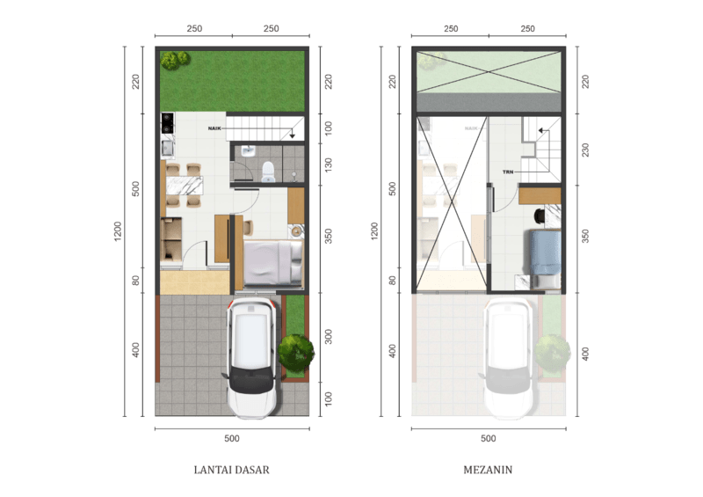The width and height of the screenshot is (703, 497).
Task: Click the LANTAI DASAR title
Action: [231, 470]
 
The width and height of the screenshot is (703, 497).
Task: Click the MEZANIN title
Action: [488, 470]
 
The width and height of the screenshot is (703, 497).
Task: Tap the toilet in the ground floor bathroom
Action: [268, 172]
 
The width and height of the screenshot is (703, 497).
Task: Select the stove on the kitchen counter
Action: [167, 123]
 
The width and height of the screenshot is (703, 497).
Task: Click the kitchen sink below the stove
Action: [168, 148]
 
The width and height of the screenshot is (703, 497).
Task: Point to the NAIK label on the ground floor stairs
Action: [214, 128]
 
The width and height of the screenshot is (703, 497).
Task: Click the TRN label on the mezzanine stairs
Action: [508, 172]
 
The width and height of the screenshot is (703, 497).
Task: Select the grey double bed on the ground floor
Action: [272, 263]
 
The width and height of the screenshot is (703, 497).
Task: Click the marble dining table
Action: [185, 186]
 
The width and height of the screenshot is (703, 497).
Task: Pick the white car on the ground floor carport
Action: [251, 357]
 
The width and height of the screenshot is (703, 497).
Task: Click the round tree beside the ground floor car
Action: [296, 352]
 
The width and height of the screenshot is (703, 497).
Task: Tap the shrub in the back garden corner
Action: [176, 60]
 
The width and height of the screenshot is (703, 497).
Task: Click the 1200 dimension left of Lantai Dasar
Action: [118, 231]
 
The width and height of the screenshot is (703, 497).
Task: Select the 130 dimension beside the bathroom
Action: [329, 164]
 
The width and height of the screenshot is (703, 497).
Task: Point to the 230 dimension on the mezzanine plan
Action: [585, 150]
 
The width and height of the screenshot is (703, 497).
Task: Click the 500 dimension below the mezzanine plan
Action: [489, 438]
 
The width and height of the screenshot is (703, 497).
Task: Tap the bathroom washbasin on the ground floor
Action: [247, 150]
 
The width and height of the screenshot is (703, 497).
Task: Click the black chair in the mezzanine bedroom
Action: [540, 216]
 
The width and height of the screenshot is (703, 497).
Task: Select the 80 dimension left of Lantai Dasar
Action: [136, 281]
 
